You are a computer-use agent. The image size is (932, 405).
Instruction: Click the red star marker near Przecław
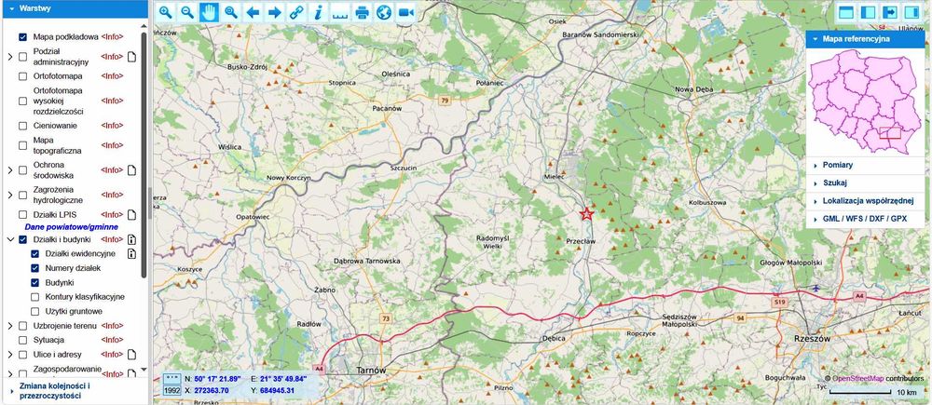(586, 213)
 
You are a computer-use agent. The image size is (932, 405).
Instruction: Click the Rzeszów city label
(810, 338)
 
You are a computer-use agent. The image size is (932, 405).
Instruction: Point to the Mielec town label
(555, 174)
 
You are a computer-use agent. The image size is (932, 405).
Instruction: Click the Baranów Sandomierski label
(599, 34)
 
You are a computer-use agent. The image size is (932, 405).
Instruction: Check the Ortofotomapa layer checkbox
(23, 76)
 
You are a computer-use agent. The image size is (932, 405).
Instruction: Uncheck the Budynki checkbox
(35, 282)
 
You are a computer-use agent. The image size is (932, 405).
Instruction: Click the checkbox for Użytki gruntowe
(35, 311)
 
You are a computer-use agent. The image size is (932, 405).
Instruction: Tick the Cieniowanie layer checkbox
(23, 125)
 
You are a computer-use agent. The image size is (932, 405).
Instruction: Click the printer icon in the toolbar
(361, 13)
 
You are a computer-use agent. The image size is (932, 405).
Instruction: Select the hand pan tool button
(208, 13)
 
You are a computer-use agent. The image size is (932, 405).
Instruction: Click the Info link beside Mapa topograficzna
(112, 145)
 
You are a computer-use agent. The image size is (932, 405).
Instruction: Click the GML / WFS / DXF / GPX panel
(864, 218)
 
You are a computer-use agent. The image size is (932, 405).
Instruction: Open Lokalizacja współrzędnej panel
(868, 200)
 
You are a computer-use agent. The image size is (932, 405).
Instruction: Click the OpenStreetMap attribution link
(857, 379)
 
